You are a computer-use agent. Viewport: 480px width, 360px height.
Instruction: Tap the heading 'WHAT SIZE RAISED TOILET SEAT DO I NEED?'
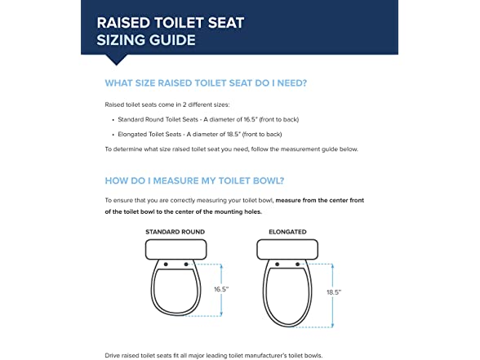tap(206, 83)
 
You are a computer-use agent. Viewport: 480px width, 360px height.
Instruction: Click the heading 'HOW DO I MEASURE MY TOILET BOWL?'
tap(194, 180)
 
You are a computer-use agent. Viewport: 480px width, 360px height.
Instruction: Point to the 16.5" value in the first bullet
tap(250, 119)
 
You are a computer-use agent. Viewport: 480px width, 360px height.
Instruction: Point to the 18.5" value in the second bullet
tap(233, 134)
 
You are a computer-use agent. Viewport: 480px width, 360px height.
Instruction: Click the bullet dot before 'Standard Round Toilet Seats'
tap(113, 120)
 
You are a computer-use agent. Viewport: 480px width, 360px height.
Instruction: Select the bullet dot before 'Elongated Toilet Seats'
tap(113, 135)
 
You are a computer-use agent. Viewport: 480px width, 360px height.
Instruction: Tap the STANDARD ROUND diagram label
tap(175, 232)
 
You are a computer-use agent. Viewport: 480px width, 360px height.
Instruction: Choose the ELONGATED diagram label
tap(287, 232)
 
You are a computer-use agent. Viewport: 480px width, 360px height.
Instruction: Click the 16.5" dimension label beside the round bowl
tap(221, 289)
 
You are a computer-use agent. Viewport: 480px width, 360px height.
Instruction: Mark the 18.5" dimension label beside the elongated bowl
tap(333, 292)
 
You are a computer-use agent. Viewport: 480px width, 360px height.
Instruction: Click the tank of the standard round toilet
tap(176, 250)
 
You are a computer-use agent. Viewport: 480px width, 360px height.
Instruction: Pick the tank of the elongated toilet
tap(287, 250)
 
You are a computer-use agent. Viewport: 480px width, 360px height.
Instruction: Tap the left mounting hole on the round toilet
tap(166, 264)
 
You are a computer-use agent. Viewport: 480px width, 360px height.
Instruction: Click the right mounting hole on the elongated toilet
tap(297, 264)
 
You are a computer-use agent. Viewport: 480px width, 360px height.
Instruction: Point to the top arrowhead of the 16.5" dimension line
tap(221, 266)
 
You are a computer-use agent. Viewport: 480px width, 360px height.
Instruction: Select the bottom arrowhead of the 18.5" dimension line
tap(333, 325)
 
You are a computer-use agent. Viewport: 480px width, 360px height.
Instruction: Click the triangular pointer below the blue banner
tap(116, 60)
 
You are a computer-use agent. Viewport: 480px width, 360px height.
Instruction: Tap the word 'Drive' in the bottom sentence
tap(112, 355)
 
